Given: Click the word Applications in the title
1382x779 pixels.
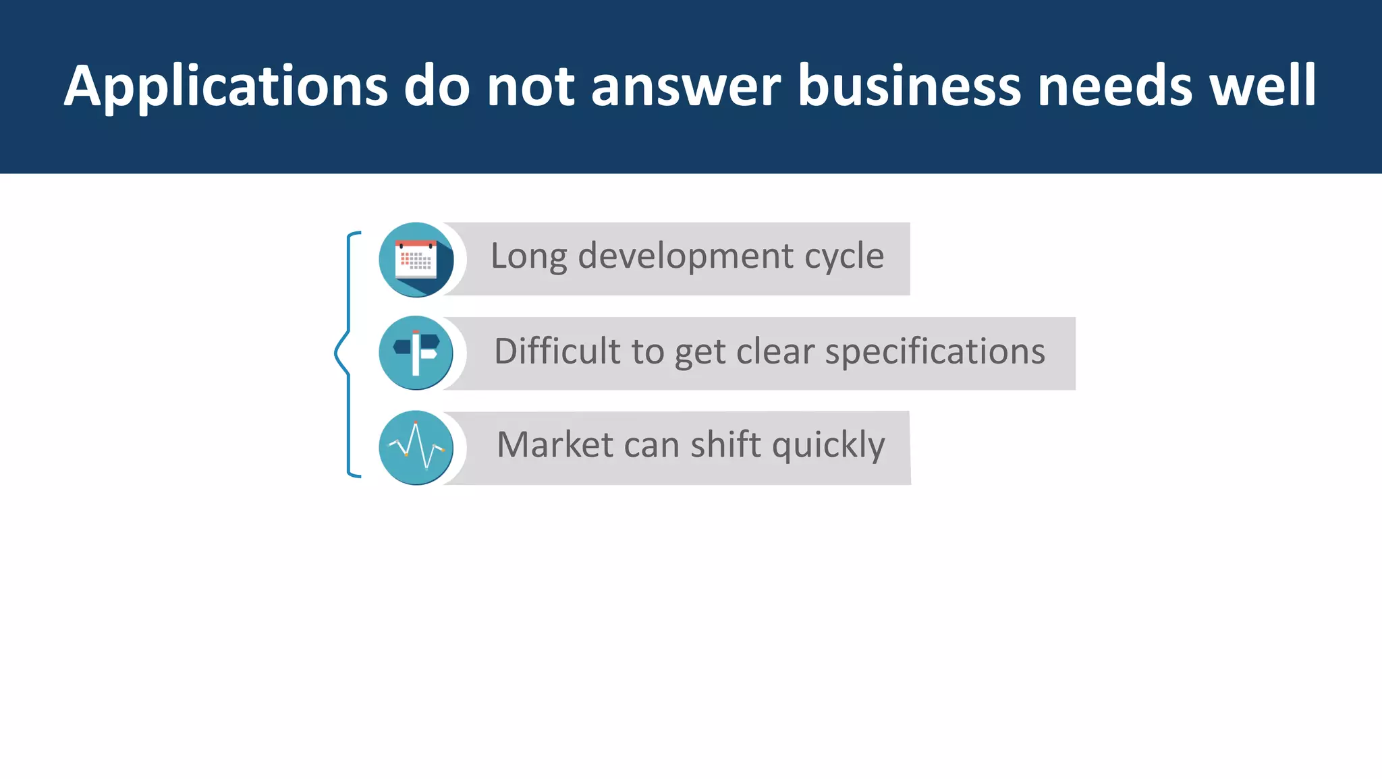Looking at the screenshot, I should (226, 86).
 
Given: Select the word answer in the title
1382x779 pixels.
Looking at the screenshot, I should (686, 86).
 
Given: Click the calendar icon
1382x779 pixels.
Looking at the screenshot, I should (416, 260).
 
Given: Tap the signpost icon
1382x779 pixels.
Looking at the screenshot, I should (416, 353).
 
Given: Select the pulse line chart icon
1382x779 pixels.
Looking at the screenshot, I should (416, 447).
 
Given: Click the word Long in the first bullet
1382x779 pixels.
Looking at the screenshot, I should (528, 257).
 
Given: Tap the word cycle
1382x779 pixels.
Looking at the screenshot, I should (844, 257).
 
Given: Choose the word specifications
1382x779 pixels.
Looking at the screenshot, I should (935, 352).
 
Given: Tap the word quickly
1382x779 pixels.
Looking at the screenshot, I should (828, 446).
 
